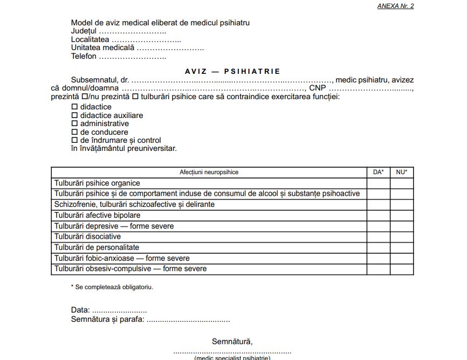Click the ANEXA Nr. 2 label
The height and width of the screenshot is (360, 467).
pos(395,6)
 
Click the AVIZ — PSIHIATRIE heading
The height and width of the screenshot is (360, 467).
pos(232,71)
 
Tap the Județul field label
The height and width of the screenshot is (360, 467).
pos(83,31)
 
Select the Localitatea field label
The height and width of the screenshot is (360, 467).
pos(90,39)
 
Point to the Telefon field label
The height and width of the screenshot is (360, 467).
pos(84,56)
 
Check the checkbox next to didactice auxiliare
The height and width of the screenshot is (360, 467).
pos(75,115)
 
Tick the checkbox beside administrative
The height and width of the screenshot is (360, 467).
pos(75,123)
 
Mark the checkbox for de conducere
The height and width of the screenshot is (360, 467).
pos(75,132)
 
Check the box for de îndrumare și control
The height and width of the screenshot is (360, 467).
pos(75,140)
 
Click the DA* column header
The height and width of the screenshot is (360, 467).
pos(379,172)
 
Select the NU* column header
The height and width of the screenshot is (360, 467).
pos(402,172)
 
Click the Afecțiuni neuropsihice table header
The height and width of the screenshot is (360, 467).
pos(209,172)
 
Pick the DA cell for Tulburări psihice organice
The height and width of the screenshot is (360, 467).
pos(379,183)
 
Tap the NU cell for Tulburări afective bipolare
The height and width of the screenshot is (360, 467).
pos(402,215)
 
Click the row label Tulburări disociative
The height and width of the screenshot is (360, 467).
pos(87,237)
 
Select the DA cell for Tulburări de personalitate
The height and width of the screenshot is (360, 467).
pos(379,247)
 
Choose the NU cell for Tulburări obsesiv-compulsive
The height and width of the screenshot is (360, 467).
pos(402,268)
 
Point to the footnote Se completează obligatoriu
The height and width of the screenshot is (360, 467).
pos(114,287)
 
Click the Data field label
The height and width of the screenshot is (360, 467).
pos(81,310)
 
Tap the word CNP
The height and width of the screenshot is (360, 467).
pos(318,88)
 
